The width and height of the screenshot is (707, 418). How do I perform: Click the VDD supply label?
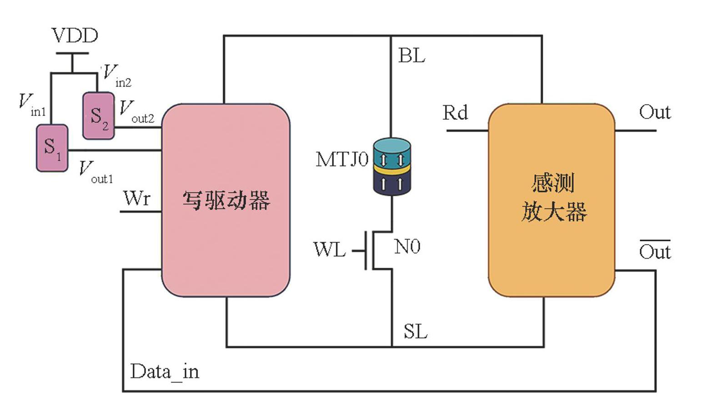(x=75, y=36)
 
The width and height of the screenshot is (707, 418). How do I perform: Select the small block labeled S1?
(x=52, y=148)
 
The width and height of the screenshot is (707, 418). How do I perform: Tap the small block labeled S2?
(x=98, y=116)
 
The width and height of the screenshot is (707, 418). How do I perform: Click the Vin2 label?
(x=116, y=76)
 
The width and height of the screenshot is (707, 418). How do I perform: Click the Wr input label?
(x=136, y=199)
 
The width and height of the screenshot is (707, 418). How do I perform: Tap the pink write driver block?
(x=226, y=200)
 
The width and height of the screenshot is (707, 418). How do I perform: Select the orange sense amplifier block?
(x=552, y=200)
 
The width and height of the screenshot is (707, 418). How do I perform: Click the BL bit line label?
(x=411, y=56)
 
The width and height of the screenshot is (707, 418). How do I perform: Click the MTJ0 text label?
(x=342, y=159)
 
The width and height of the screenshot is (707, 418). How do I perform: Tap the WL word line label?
(x=330, y=250)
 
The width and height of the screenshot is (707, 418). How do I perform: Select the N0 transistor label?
(x=407, y=247)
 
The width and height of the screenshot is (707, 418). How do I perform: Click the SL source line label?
(x=416, y=331)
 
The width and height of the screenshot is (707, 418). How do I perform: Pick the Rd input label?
(x=455, y=112)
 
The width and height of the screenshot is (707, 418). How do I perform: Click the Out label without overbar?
(x=655, y=112)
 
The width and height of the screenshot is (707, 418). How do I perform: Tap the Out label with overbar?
(x=655, y=251)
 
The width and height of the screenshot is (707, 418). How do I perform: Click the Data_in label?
(x=165, y=372)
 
